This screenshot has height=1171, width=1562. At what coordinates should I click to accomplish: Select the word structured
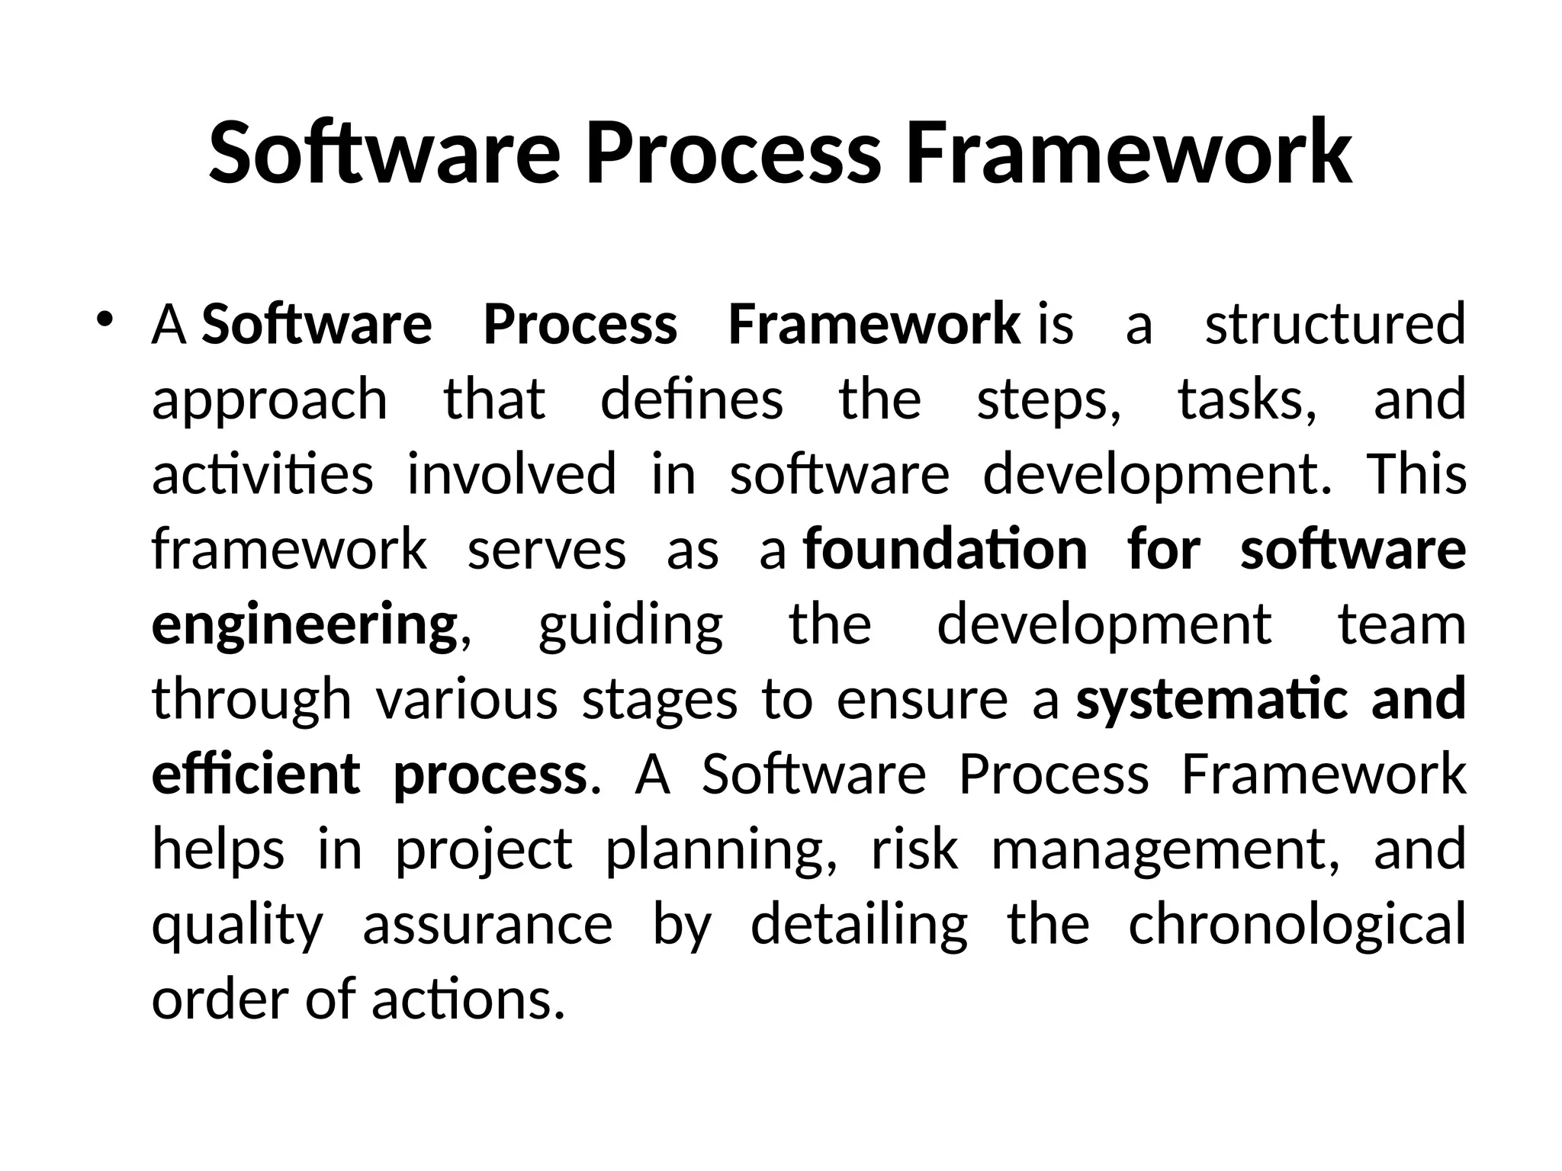1335,325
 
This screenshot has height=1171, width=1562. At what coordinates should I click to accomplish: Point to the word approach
270,399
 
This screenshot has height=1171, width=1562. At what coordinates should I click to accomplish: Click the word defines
692,399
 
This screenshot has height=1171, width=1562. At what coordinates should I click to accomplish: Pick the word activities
262,474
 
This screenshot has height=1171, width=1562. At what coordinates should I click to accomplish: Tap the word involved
512,474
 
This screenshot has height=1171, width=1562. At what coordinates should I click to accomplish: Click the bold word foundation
946,549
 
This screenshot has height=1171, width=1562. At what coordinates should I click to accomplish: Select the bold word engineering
304,624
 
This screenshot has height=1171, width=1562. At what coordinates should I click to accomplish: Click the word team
1402,624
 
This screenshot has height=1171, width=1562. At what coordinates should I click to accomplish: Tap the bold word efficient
256,774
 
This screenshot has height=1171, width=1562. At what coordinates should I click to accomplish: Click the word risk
914,849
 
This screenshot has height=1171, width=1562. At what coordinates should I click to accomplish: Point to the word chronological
1297,925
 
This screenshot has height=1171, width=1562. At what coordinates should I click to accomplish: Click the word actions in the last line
468,999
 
